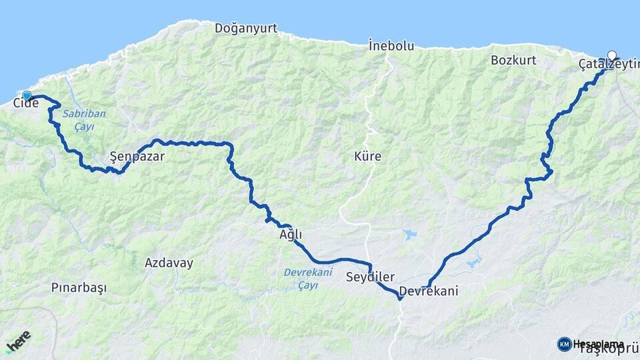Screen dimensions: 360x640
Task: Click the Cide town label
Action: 25,103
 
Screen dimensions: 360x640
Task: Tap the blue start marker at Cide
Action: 27,95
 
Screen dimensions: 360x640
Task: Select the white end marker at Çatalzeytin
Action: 612,56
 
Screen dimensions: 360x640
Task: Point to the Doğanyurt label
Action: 246,28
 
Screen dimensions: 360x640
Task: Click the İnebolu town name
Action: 391,46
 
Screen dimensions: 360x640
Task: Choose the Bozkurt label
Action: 513,60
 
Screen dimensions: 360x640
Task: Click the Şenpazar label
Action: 137,157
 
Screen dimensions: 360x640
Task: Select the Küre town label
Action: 367,157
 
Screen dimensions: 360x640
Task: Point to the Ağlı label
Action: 291,235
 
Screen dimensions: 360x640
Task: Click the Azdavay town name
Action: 169,263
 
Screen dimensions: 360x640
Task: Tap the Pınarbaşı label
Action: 79,287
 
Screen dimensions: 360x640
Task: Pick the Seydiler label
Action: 371,277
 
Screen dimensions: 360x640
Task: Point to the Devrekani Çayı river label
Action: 308,278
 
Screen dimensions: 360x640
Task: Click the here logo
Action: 19,341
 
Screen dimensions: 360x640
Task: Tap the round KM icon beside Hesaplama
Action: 565,344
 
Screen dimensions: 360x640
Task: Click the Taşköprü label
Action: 609,349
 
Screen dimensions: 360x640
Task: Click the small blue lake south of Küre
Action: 408,235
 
